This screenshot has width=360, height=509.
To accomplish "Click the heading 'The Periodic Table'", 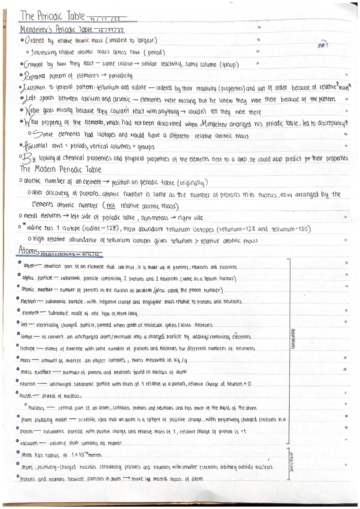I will coord(52,16).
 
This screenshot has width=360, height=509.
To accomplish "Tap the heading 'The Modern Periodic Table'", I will coord(60,169).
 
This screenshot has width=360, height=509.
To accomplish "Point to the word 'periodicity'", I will coord(120,76).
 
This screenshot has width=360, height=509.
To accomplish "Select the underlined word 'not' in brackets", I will coord(111,206).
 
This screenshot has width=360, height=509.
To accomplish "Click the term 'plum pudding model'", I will coord(44,420).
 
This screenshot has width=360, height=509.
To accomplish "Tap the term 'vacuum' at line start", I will coord(29,443).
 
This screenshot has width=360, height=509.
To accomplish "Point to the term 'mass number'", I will coord(36,372).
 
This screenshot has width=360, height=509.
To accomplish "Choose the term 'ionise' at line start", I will coord(26,337).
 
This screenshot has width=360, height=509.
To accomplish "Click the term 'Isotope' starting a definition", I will coord(27,348).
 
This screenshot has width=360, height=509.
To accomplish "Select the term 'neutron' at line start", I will coord(28,384).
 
